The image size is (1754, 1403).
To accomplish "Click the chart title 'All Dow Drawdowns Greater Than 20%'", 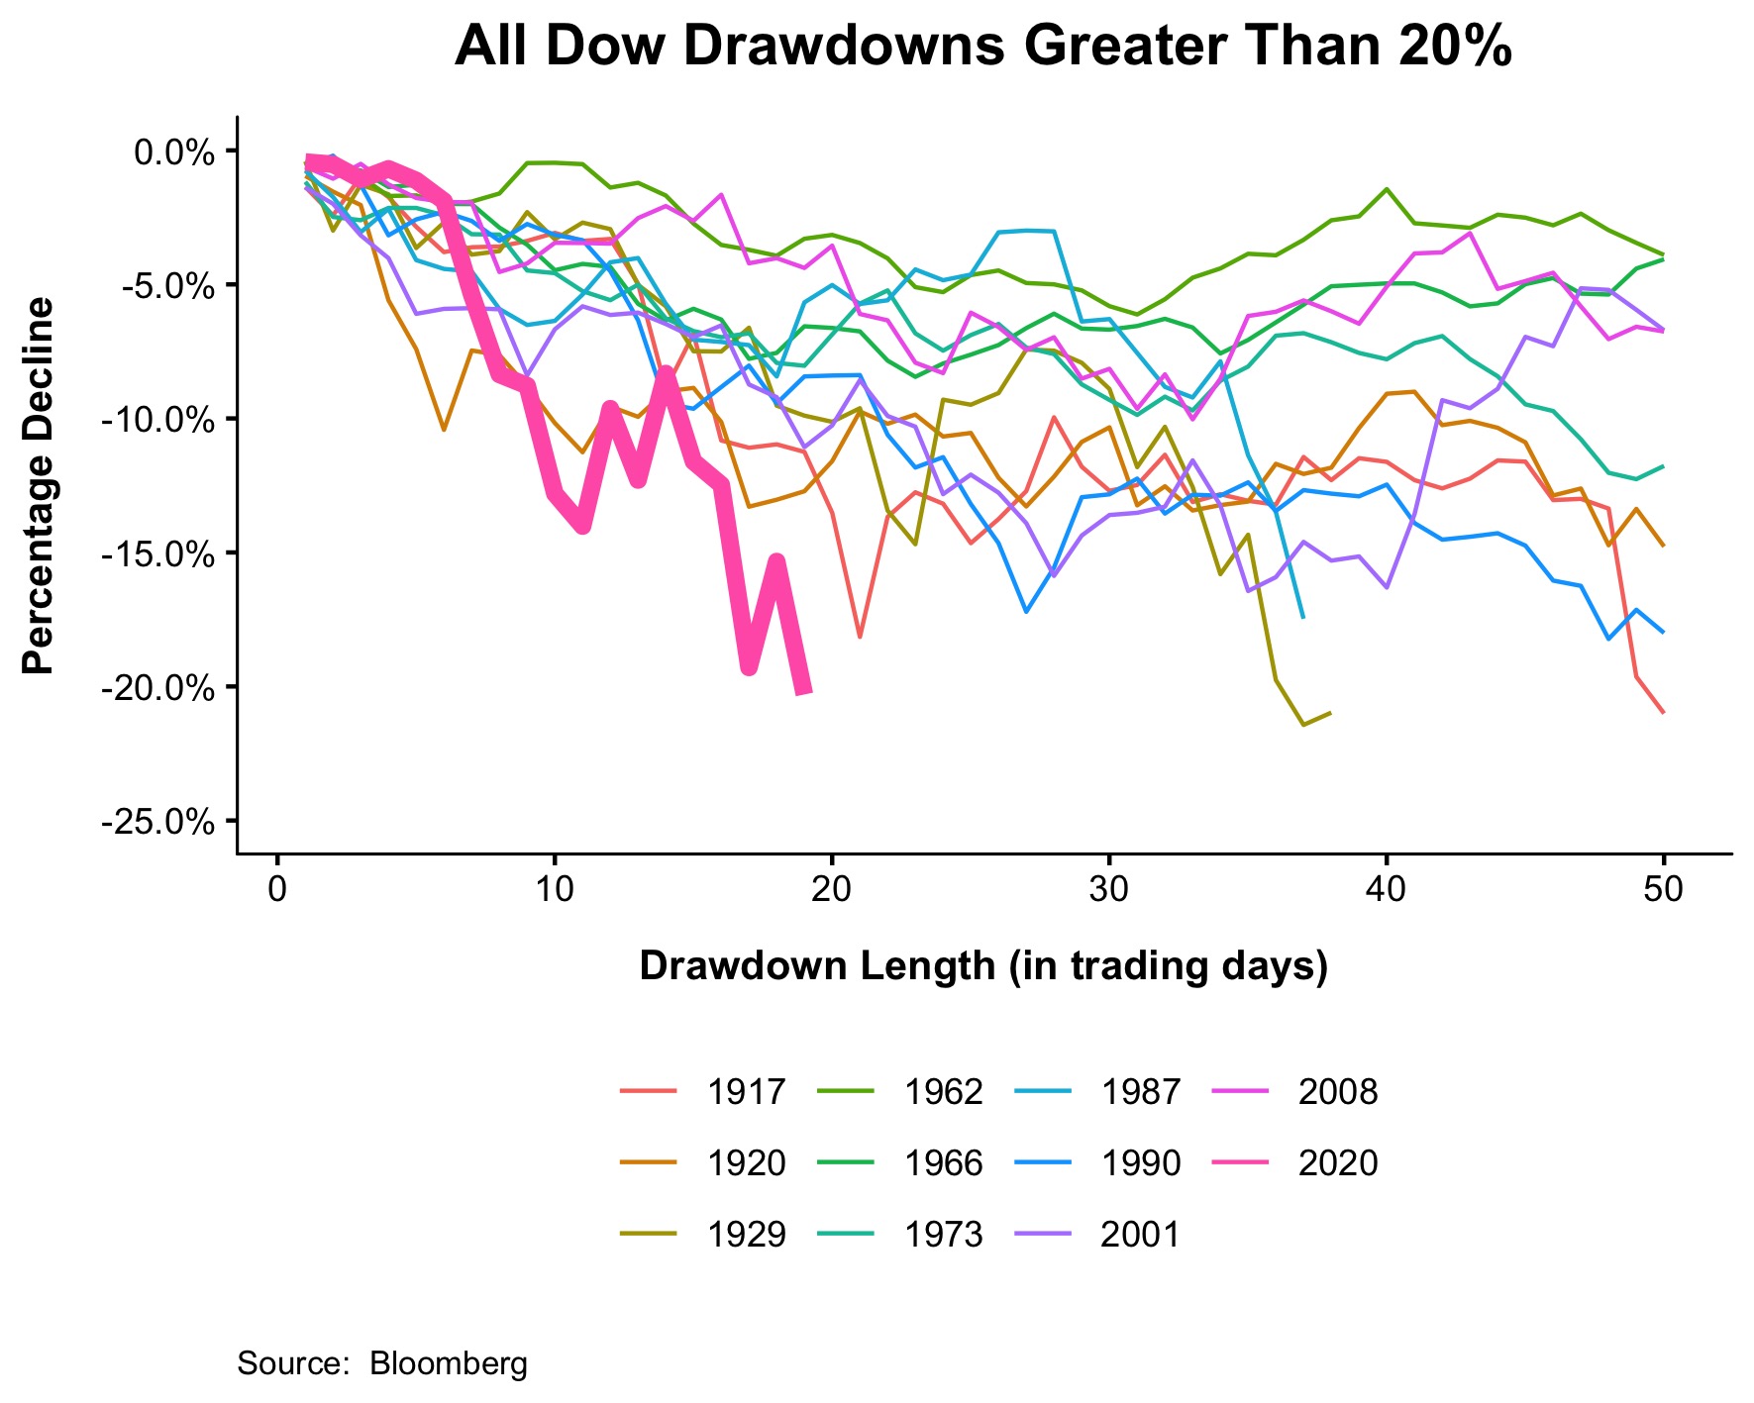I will (x=982, y=47).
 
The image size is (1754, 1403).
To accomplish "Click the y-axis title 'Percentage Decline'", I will (x=40, y=486).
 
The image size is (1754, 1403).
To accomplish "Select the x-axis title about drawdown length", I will (x=982, y=965).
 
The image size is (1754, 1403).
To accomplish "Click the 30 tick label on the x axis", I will (x=1109, y=889).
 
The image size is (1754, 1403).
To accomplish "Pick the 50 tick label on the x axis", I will (x=1663, y=889).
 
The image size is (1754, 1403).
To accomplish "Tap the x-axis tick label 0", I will (x=277, y=889).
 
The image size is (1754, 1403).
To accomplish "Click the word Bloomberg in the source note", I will (x=449, y=1363).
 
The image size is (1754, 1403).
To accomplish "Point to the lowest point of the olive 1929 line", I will (x=1303, y=725).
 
